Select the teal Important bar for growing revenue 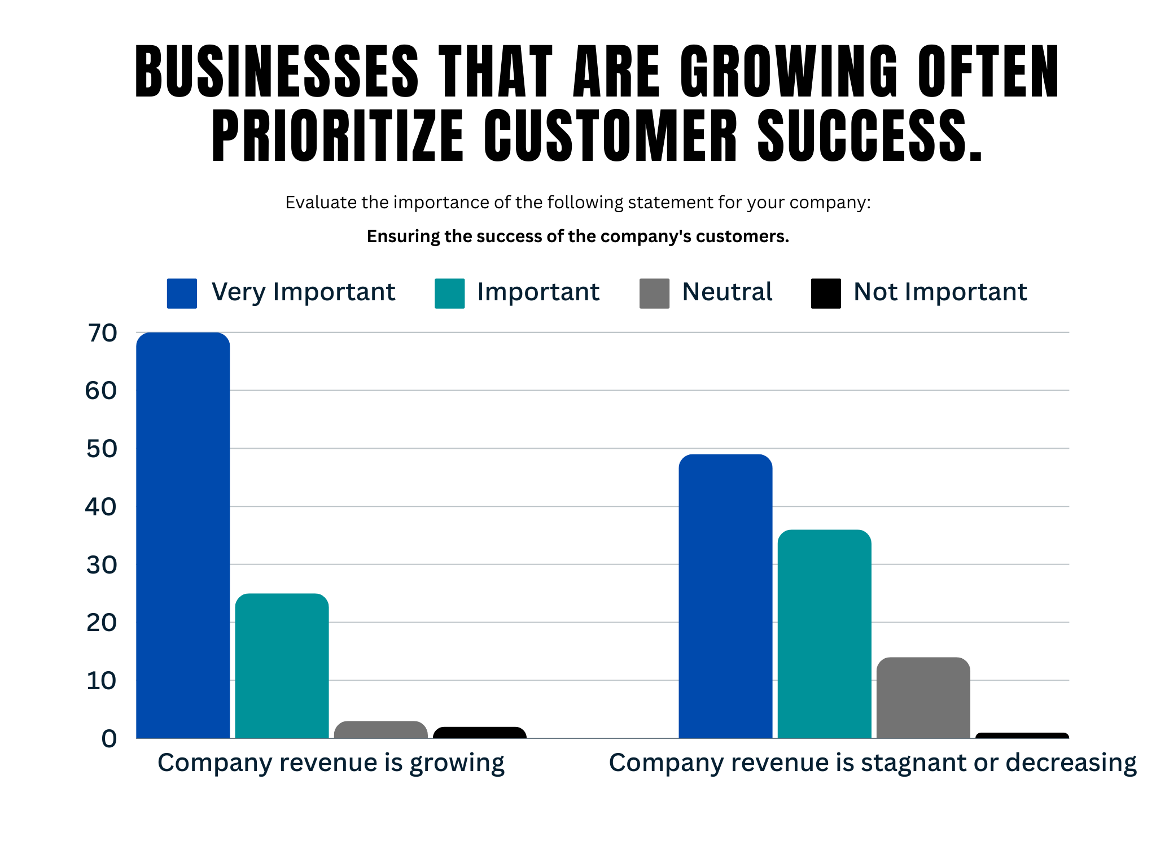pyautogui.click(x=282, y=666)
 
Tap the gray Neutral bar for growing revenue pyautogui.click(x=380, y=729)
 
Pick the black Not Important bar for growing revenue pyautogui.click(x=480, y=733)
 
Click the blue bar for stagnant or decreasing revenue pyautogui.click(x=725, y=596)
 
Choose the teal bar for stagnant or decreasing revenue pyautogui.click(x=824, y=634)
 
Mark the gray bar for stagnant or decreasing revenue pyautogui.click(x=923, y=698)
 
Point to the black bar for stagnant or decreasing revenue pyautogui.click(x=1022, y=735)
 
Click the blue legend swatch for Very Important pyautogui.click(x=182, y=294)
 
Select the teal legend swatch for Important pyautogui.click(x=449, y=294)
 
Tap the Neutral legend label pyautogui.click(x=727, y=292)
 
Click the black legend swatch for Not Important pyautogui.click(x=825, y=294)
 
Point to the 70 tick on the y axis pyautogui.click(x=102, y=333)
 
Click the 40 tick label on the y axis pyautogui.click(x=101, y=507)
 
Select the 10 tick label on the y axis pyautogui.click(x=102, y=681)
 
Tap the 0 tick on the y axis pyautogui.click(x=109, y=738)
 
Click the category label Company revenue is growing pyautogui.click(x=331, y=763)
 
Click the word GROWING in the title pyautogui.click(x=789, y=72)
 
